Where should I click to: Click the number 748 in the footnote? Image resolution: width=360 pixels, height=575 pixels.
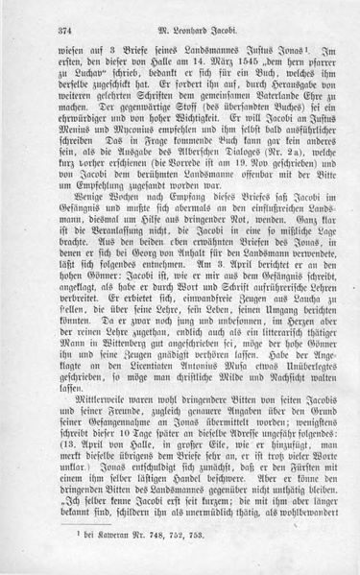click(x=146, y=561)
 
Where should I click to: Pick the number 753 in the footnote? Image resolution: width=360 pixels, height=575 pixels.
click(x=196, y=561)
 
